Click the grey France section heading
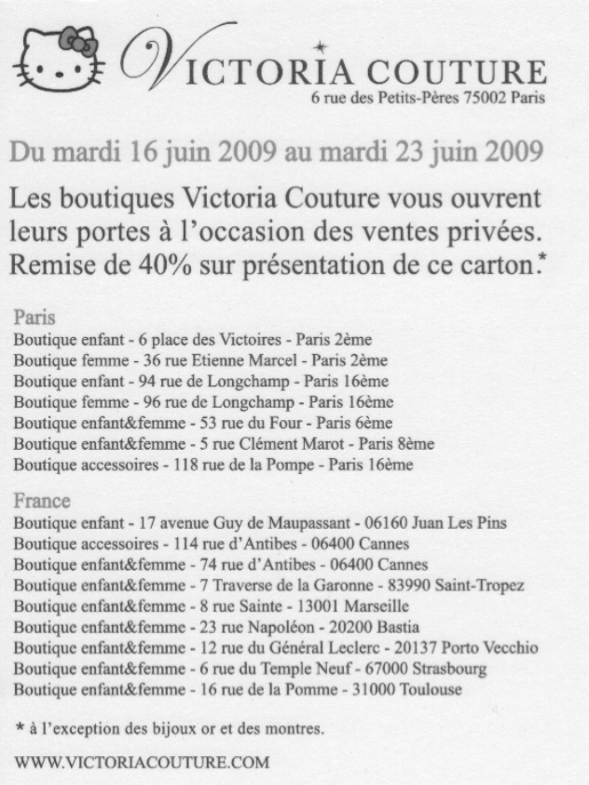click(x=42, y=501)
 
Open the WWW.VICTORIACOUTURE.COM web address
click(x=142, y=762)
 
